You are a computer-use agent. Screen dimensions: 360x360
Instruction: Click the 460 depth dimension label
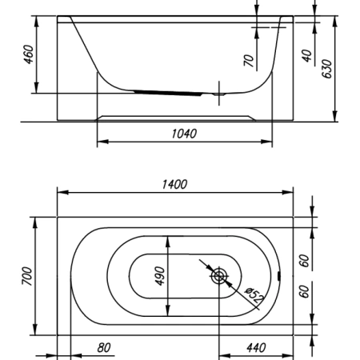pyautogui.click(x=29, y=54)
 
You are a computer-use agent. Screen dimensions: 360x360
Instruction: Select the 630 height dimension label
pyautogui.click(x=327, y=69)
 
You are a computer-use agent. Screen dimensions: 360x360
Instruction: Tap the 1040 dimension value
pyautogui.click(x=184, y=134)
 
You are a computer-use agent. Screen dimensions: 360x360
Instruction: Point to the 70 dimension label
pyautogui.click(x=248, y=61)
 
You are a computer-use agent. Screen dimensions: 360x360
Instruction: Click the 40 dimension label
pyautogui.click(x=307, y=56)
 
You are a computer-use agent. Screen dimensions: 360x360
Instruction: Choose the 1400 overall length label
pyautogui.click(x=174, y=185)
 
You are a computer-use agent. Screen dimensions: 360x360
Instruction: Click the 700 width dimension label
pyautogui.click(x=27, y=276)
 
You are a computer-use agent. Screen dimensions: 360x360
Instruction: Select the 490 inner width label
pyautogui.click(x=160, y=276)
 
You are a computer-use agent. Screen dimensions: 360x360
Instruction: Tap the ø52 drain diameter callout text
pyautogui.click(x=254, y=295)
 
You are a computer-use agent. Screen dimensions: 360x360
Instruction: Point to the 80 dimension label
pyautogui.click(x=103, y=348)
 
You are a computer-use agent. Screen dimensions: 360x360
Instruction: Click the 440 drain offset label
pyautogui.click(x=256, y=348)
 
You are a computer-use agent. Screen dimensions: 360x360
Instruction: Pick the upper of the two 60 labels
pyautogui.click(x=304, y=261)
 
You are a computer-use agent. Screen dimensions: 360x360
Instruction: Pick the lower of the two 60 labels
pyautogui.click(x=304, y=291)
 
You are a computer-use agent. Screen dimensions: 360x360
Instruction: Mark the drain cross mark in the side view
pyautogui.click(x=219, y=94)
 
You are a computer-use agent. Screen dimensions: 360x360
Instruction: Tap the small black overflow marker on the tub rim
pyautogui.click(x=279, y=276)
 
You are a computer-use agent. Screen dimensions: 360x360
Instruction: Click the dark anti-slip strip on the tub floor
pyautogui.click(x=168, y=93)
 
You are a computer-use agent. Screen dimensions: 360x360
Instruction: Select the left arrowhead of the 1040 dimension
pyautogui.click(x=102, y=142)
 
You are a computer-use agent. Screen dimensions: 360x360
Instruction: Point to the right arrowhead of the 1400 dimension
pyautogui.click(x=288, y=192)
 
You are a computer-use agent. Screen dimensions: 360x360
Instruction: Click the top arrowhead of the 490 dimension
pyautogui.click(x=168, y=242)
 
